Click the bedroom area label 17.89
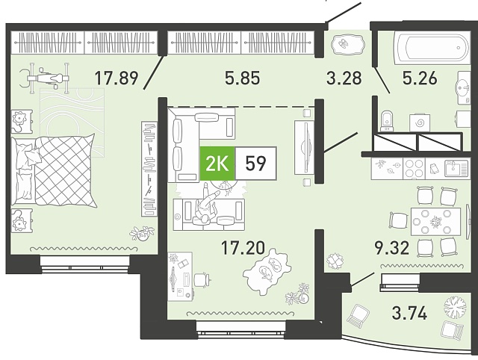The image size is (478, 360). (x=117, y=78)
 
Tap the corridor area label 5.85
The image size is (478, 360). (x=243, y=78)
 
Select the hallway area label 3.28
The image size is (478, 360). (x=344, y=78)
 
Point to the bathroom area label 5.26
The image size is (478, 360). (x=420, y=78)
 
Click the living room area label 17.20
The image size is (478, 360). (x=243, y=247)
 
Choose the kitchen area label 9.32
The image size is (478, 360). (x=391, y=247)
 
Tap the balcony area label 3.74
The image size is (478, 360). (x=409, y=313)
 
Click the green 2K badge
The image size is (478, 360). (x=217, y=164)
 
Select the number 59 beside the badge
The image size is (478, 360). (x=255, y=164)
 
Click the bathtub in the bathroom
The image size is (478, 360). (x=432, y=49)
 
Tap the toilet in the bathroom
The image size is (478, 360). (x=387, y=121)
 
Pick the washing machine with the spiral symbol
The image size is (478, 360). (x=420, y=122)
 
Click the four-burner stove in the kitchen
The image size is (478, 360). (x=414, y=169)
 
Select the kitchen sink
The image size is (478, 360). (x=456, y=169)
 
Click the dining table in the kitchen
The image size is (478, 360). (x=435, y=221)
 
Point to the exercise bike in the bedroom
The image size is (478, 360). (x=45, y=78)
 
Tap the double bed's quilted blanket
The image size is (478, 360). (x=65, y=171)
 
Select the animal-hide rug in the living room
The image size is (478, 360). (x=266, y=269)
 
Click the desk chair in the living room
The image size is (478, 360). (x=201, y=279)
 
